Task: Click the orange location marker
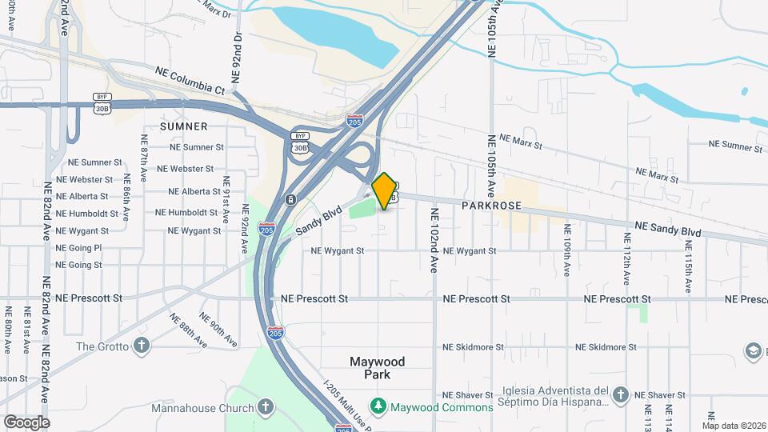385,190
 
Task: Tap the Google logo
26,422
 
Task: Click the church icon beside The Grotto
142,346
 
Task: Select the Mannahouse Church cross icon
266,407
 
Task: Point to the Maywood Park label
378,368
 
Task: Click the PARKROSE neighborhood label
491,206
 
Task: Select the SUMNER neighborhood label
183,126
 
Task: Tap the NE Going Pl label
78,248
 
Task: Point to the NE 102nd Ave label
434,241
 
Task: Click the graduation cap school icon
752,350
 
